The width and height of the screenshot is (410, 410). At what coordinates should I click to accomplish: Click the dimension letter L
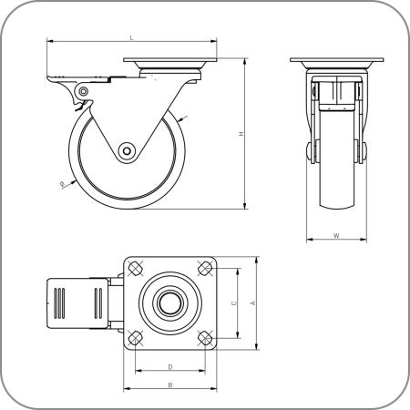(132, 37)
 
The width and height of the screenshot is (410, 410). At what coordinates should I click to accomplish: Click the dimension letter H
(241, 135)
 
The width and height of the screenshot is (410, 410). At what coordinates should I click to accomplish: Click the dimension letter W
(336, 236)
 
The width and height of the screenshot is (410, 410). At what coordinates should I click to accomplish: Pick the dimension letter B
(170, 384)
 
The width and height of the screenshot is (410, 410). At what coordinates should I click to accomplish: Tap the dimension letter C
(234, 303)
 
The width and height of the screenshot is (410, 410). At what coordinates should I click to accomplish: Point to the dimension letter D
(170, 366)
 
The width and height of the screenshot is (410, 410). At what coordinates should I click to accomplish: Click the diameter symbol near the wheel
(61, 185)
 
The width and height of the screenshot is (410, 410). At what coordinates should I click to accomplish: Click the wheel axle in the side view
(125, 151)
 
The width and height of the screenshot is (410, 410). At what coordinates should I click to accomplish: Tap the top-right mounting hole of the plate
(204, 270)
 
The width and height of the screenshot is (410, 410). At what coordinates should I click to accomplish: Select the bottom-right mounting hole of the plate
(204, 338)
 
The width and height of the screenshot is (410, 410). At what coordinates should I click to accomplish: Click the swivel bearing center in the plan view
(170, 303)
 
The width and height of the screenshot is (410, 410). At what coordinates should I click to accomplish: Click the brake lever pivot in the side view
(83, 92)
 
